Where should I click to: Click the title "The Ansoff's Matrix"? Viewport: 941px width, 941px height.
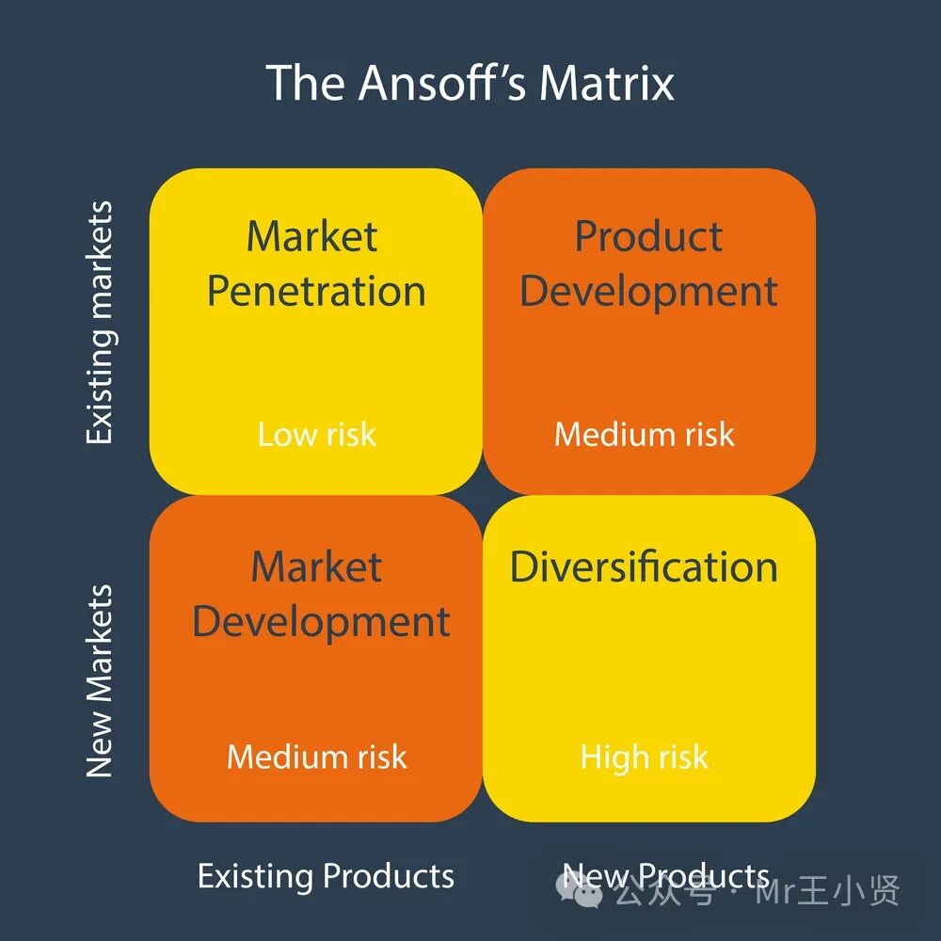click(x=470, y=83)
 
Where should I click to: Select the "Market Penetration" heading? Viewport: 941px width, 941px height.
click(x=315, y=263)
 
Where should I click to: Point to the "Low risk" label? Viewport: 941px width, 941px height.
click(x=316, y=434)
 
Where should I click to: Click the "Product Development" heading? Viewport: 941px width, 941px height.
click(x=648, y=263)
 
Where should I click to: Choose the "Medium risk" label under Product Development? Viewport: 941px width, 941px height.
click(x=644, y=434)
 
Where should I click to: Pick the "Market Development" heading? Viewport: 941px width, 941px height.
click(x=320, y=595)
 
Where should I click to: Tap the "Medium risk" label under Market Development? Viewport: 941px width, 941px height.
click(x=316, y=757)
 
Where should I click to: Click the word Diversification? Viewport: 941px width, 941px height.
click(x=644, y=566)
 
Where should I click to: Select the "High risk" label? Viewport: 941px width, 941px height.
click(x=644, y=757)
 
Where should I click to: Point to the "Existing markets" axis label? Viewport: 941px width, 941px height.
click(x=99, y=323)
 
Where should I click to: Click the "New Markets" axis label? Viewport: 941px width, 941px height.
click(x=99, y=681)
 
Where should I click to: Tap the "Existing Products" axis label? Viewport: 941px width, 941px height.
click(x=326, y=876)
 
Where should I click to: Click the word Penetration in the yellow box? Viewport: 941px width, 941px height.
click(x=315, y=292)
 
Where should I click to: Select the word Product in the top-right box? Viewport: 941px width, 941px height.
click(x=648, y=236)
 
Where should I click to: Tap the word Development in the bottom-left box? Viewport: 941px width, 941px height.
click(x=320, y=622)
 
